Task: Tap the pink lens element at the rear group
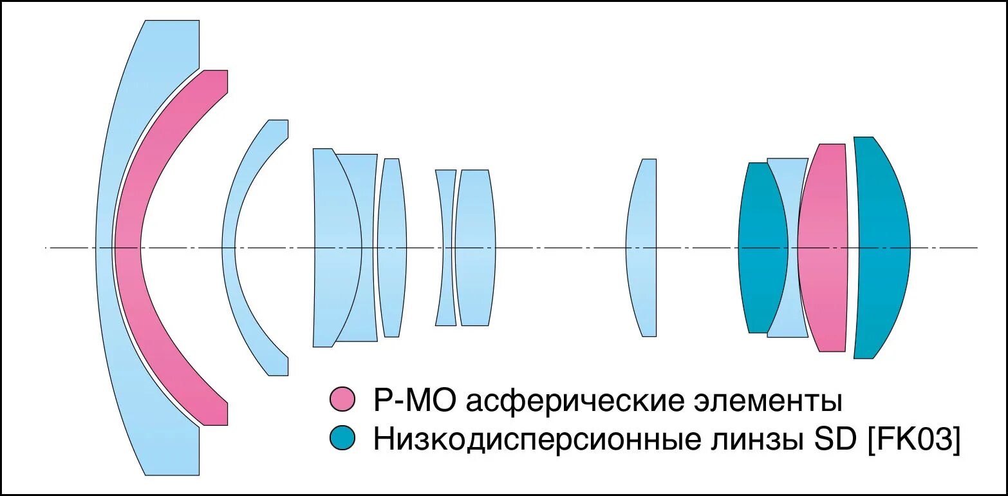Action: pyautogui.click(x=823, y=247)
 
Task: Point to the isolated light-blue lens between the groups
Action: pyautogui.click(x=642, y=247)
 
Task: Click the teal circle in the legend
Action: pyautogui.click(x=342, y=438)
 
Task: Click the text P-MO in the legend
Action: pyautogui.click(x=415, y=401)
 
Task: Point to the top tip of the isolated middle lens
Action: pyautogui.click(x=649, y=160)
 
